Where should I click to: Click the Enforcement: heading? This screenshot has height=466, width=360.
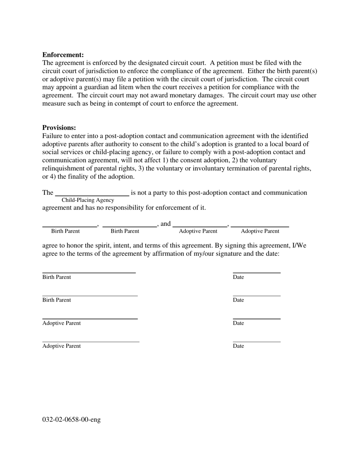tap(63, 55)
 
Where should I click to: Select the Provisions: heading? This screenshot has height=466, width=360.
tap(59, 128)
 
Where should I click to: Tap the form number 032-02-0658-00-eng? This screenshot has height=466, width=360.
tap(71, 419)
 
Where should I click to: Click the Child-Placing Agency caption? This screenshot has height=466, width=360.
tap(88, 200)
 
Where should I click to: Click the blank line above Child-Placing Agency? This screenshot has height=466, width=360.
tap(92, 195)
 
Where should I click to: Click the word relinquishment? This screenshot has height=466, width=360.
tap(63, 169)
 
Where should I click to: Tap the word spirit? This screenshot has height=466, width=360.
tap(108, 246)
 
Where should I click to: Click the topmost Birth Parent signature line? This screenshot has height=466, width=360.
tap(89, 272)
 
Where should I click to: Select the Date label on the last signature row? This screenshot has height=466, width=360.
tap(238, 346)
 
